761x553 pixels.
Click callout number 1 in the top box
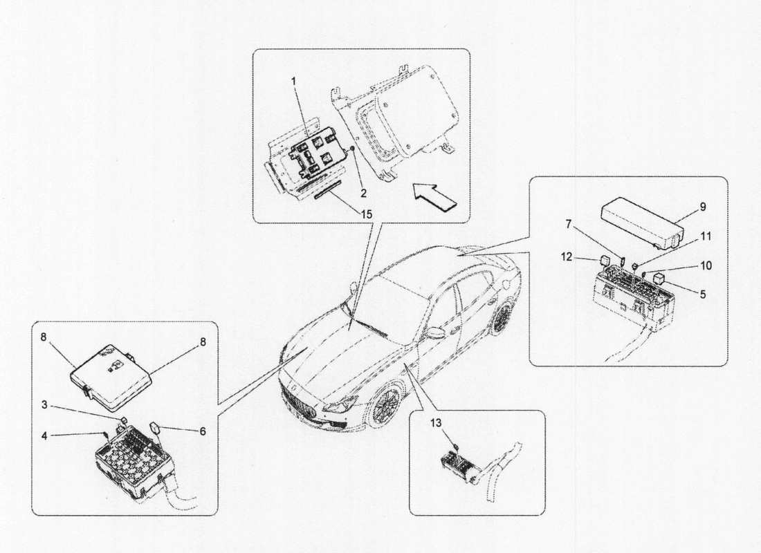click(x=293, y=81)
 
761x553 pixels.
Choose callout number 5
click(x=703, y=294)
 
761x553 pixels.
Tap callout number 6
click(x=203, y=431)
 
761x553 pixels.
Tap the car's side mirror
click(x=435, y=332)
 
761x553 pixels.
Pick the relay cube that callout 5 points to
click(x=660, y=287)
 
